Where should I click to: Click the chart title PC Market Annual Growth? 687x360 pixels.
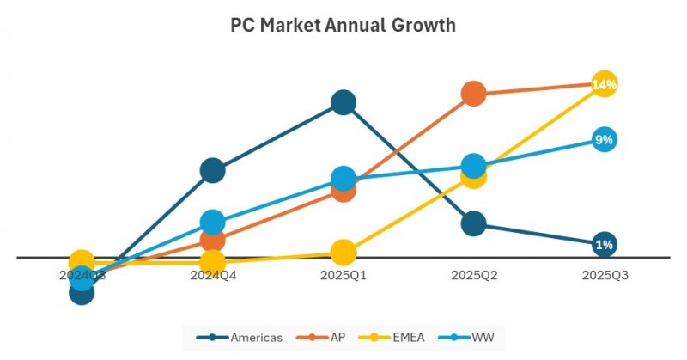343,26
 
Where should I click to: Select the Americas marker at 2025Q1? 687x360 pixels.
343,103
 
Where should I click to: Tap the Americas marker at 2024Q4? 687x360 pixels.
212,170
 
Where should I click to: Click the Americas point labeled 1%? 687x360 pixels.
604,245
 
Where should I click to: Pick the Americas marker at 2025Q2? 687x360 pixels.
473,223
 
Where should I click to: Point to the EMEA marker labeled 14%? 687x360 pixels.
604,84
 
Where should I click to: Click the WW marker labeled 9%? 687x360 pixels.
604,140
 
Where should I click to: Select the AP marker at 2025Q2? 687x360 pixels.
473,93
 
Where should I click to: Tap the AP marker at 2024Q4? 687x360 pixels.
212,240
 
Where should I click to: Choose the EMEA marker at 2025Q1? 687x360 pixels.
343,253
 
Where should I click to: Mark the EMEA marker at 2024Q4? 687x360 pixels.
212,261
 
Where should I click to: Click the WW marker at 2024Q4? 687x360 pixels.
212,222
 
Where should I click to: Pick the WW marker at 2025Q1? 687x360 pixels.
343,179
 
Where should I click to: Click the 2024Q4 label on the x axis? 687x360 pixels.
212,276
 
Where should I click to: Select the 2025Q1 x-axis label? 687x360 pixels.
343,276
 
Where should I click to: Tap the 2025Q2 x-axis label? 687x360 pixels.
473,276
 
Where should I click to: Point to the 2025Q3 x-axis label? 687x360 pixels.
604,276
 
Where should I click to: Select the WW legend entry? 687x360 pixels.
464,337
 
